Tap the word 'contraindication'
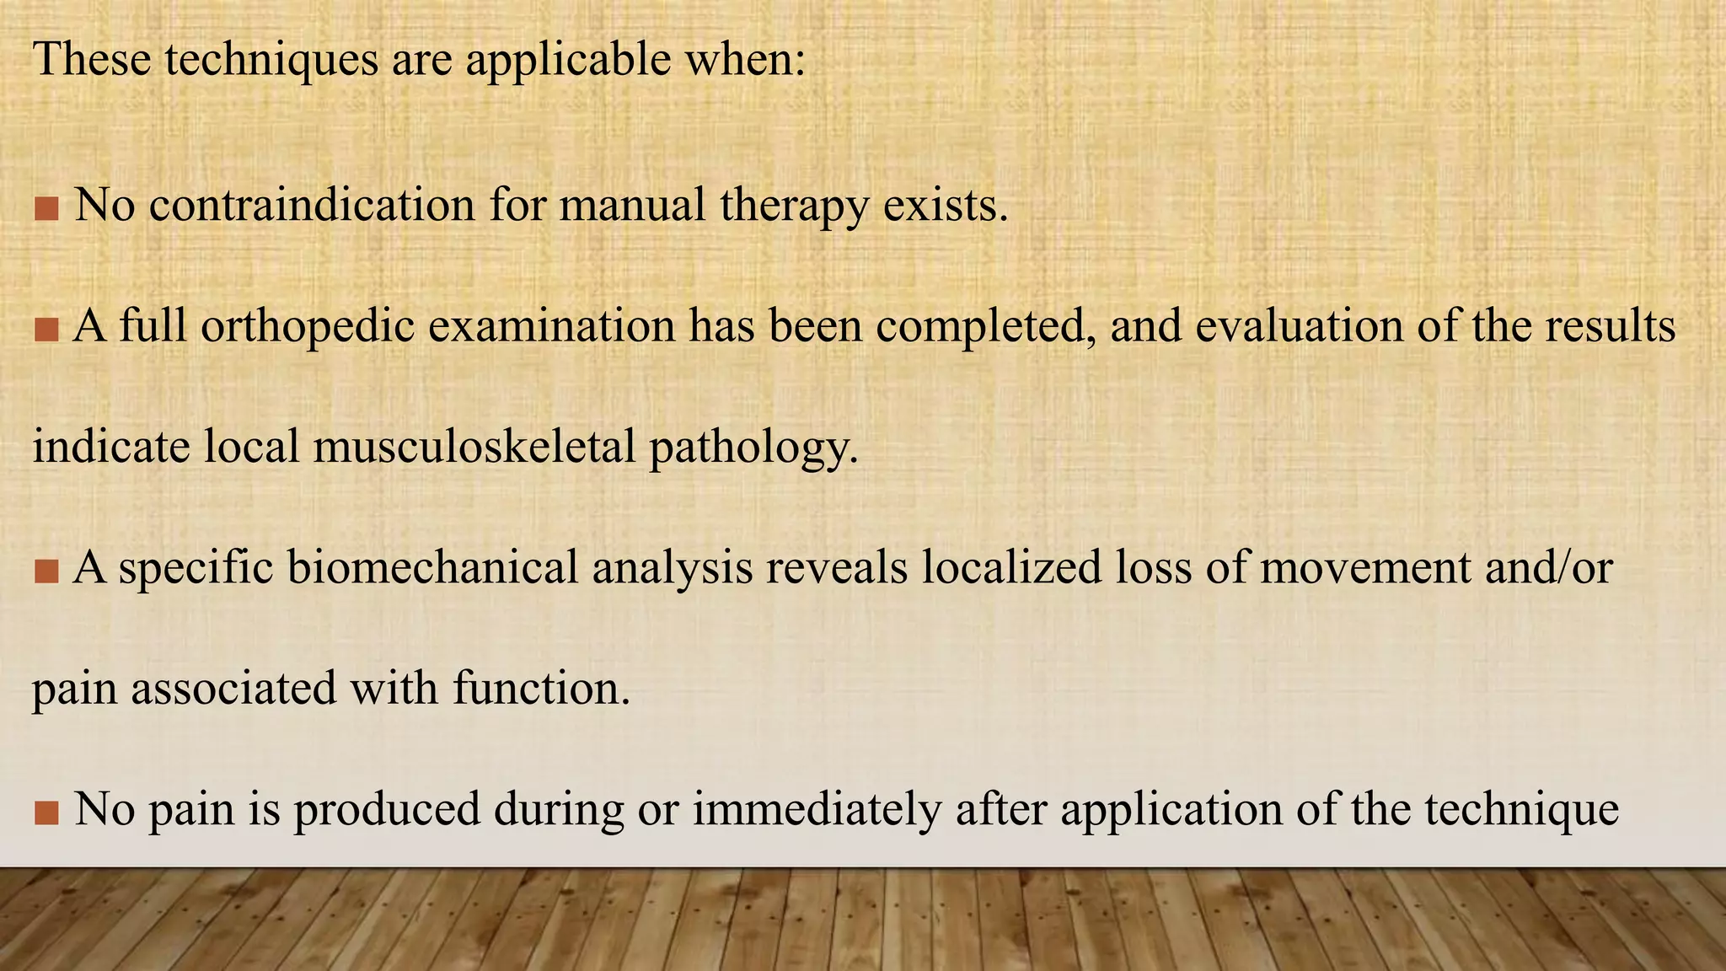[312, 205]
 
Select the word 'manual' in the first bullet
[632, 205]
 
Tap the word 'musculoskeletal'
[474, 446]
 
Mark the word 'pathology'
[753, 448]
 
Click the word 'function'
[541, 688]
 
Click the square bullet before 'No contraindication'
[46, 208]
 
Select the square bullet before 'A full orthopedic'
[46, 330]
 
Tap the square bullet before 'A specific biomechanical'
[46, 571]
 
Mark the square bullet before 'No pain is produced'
[46, 813]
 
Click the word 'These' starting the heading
[92, 61]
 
